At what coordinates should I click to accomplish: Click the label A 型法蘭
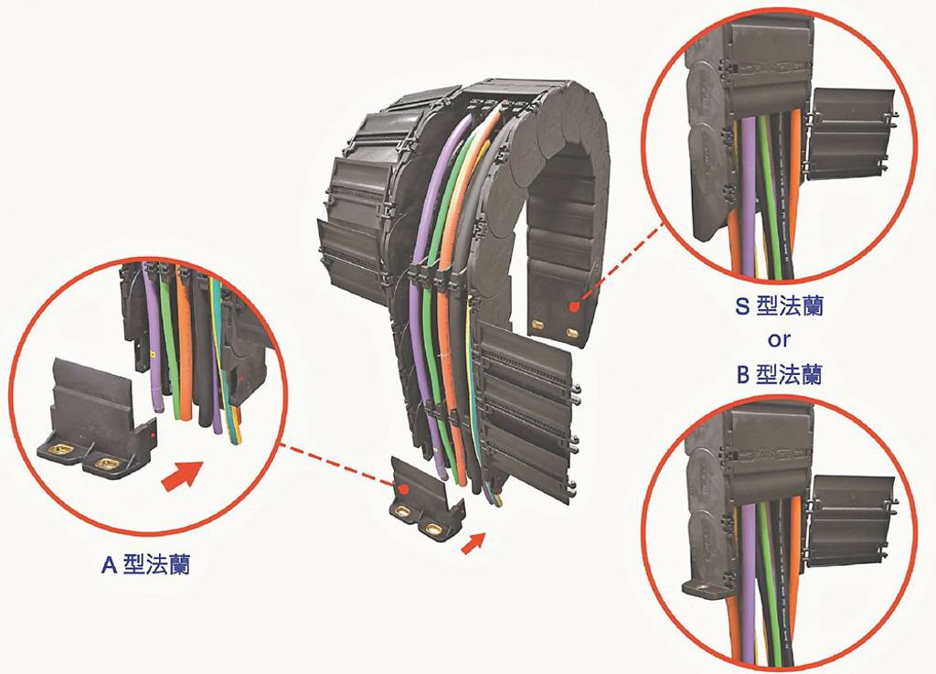click(x=145, y=565)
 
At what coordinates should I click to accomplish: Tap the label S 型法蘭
click(x=779, y=305)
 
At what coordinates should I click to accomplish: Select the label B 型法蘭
click(x=779, y=374)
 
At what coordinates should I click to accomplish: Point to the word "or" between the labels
click(x=779, y=340)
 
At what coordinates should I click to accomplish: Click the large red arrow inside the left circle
click(x=183, y=475)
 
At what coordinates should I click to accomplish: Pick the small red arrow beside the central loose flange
click(x=473, y=542)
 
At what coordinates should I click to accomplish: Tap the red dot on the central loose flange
click(x=404, y=489)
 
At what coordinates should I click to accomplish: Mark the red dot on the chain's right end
click(x=574, y=307)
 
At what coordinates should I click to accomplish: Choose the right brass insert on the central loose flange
click(x=431, y=527)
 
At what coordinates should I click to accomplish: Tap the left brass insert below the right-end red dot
click(x=537, y=325)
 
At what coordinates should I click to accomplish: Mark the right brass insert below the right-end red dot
click(x=572, y=333)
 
